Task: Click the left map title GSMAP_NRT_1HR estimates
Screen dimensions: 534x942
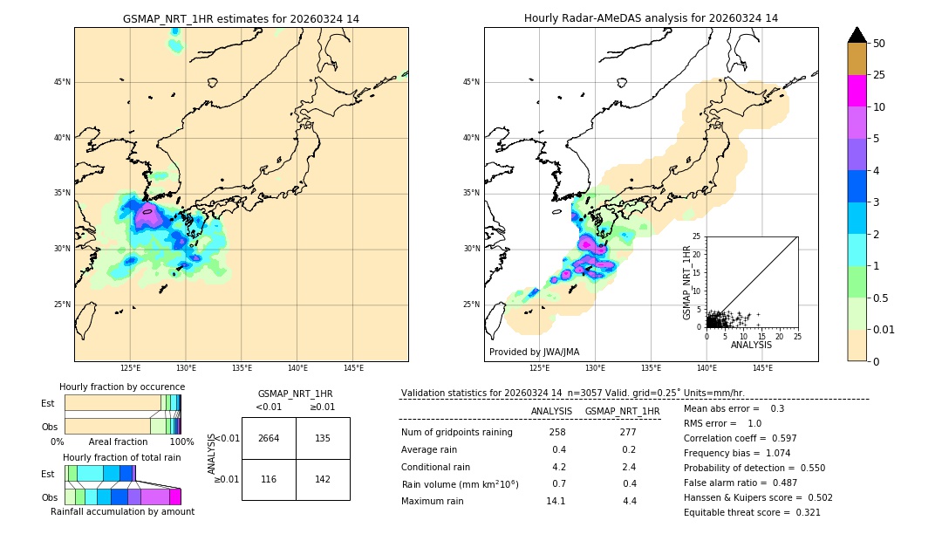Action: tap(241, 18)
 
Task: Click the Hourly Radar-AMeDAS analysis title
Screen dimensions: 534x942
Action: tap(651, 18)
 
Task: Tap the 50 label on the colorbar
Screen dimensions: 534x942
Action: tap(879, 44)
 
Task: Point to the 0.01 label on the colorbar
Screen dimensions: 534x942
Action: tap(884, 329)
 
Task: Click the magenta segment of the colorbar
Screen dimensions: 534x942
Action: tap(857, 91)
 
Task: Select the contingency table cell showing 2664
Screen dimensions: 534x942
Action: tap(269, 438)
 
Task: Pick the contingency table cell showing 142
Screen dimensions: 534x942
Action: tap(323, 480)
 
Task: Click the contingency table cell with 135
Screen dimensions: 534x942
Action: tap(323, 438)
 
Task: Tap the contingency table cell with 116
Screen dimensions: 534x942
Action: tap(269, 480)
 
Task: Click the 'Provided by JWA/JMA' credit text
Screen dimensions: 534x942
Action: tap(534, 352)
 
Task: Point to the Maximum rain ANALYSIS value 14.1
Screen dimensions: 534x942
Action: tap(556, 501)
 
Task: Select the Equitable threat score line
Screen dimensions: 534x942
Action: tap(752, 512)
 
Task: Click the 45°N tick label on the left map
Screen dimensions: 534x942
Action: tap(62, 82)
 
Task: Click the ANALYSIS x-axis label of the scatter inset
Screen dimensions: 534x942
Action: tap(751, 345)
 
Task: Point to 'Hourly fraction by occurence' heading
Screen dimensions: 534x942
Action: tap(122, 387)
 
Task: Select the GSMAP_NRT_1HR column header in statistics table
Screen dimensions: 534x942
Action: tap(622, 411)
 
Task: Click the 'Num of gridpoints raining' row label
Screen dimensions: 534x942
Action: tap(456, 432)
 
